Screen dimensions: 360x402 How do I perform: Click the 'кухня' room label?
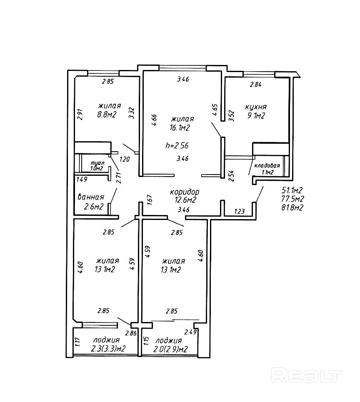click(x=256, y=107)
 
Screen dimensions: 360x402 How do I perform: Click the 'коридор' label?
click(x=185, y=192)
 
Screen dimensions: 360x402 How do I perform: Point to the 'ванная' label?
click(x=91, y=197)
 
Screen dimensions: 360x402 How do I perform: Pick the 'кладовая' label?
click(x=267, y=165)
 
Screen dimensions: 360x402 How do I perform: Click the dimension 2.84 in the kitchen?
click(x=255, y=85)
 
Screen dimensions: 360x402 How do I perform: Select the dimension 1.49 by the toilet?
click(x=82, y=180)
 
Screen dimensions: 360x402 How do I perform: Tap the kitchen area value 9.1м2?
click(x=256, y=116)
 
